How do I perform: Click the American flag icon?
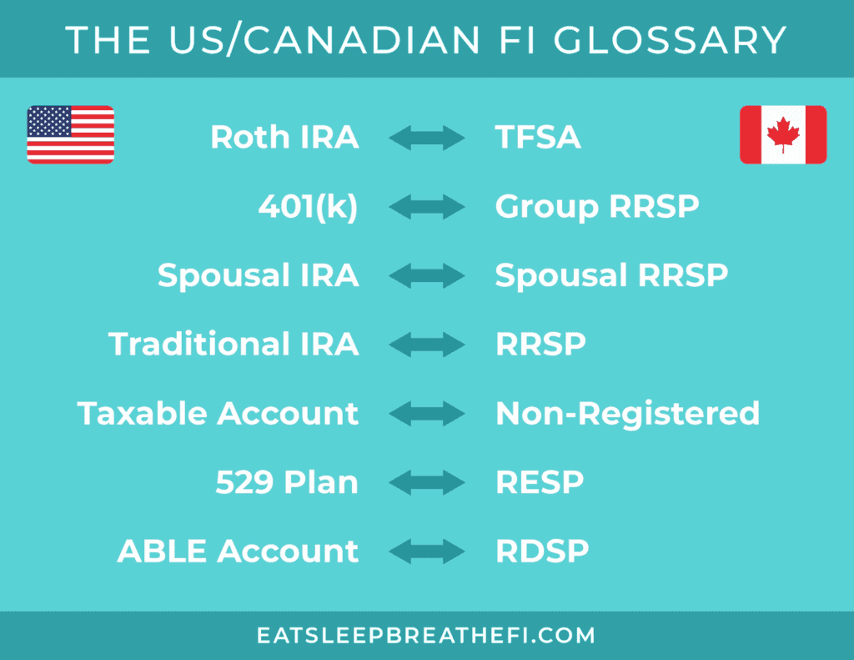tap(71, 134)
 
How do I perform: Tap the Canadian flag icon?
tap(783, 134)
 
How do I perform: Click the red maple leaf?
tap(783, 134)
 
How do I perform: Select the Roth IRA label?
tap(285, 137)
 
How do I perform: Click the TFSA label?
tap(538, 137)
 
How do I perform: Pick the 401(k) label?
tap(309, 207)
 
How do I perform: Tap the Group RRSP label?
tap(597, 207)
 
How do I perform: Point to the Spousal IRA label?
tap(259, 276)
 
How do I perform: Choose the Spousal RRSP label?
tap(611, 276)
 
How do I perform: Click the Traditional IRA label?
tap(234, 344)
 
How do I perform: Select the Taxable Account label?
tap(218, 413)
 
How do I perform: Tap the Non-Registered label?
tap(627, 414)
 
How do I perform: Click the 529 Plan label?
tap(287, 482)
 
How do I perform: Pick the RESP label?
tap(540, 482)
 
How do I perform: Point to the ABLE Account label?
tap(238, 551)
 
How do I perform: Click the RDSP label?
tap(542, 551)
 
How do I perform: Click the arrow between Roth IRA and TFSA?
tap(427, 138)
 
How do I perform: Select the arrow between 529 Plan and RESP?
tap(427, 482)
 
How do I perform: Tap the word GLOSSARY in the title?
tap(670, 40)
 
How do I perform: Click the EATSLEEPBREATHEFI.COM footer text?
tap(426, 636)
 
